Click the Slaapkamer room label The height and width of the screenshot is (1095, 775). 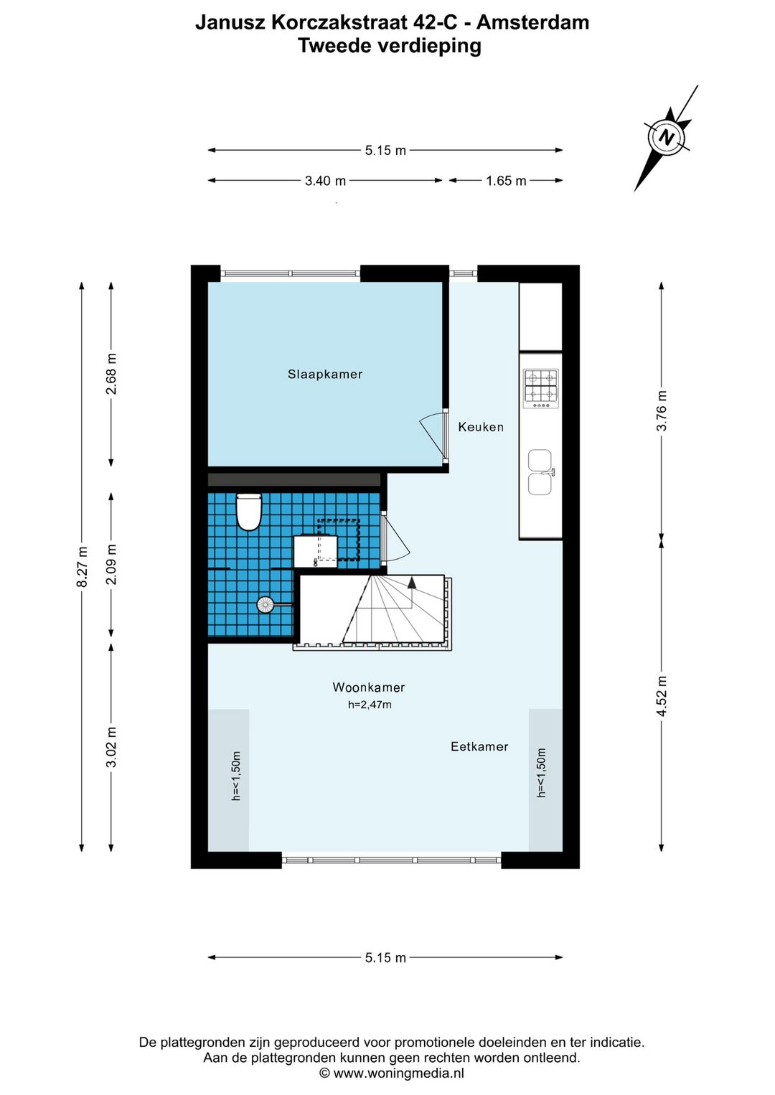(324, 375)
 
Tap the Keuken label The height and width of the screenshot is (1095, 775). (481, 427)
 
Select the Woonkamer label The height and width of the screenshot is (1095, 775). (369, 687)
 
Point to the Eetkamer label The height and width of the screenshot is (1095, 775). (479, 746)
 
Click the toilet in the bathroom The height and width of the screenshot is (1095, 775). (249, 512)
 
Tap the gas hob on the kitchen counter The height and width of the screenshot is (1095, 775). (541, 389)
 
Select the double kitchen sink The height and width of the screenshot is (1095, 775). (541, 472)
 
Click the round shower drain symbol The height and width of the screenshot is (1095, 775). (264, 605)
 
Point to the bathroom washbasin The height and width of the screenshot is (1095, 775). (315, 551)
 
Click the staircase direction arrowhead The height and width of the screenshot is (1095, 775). (412, 582)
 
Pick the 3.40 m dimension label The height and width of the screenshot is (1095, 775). (325, 181)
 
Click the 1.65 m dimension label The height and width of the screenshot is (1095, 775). (506, 181)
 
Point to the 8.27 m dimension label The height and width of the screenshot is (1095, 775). (84, 567)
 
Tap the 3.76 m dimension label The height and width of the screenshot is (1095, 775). (661, 410)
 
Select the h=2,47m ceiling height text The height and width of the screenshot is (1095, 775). (370, 705)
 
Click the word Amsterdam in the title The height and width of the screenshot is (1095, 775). (533, 22)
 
